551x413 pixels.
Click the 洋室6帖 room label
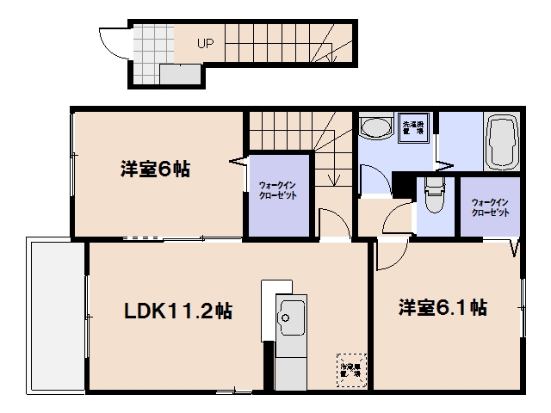pos(155,169)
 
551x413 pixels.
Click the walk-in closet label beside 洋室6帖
pos(277,192)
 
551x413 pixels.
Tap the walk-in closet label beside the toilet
pos(489,207)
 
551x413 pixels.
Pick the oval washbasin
pos(375,130)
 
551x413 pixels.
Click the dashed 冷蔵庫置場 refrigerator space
pos(350,367)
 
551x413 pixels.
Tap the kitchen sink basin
pos(290,319)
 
